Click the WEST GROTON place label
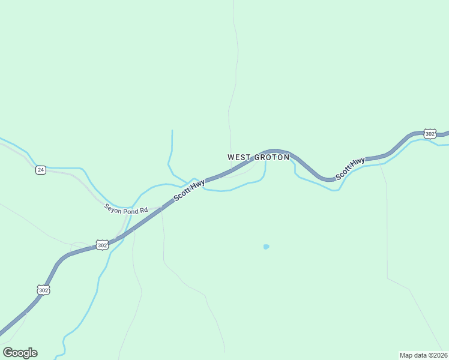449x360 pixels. (258, 157)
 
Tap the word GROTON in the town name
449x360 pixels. (272, 157)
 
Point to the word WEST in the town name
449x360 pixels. (239, 157)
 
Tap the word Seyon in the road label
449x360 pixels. (113, 207)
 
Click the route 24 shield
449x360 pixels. (40, 170)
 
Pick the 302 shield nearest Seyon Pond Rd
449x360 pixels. (102, 245)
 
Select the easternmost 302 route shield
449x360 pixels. (429, 133)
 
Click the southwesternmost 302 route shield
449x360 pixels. (43, 290)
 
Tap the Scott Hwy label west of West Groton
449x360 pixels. (189, 190)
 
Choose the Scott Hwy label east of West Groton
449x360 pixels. (351, 169)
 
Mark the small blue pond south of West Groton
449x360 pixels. (266, 247)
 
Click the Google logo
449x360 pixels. (20, 353)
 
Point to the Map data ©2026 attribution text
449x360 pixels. (423, 355)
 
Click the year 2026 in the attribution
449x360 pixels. (439, 355)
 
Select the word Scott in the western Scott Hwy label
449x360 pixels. (182, 194)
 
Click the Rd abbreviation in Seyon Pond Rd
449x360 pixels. (143, 211)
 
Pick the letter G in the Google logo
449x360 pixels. (8, 353)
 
